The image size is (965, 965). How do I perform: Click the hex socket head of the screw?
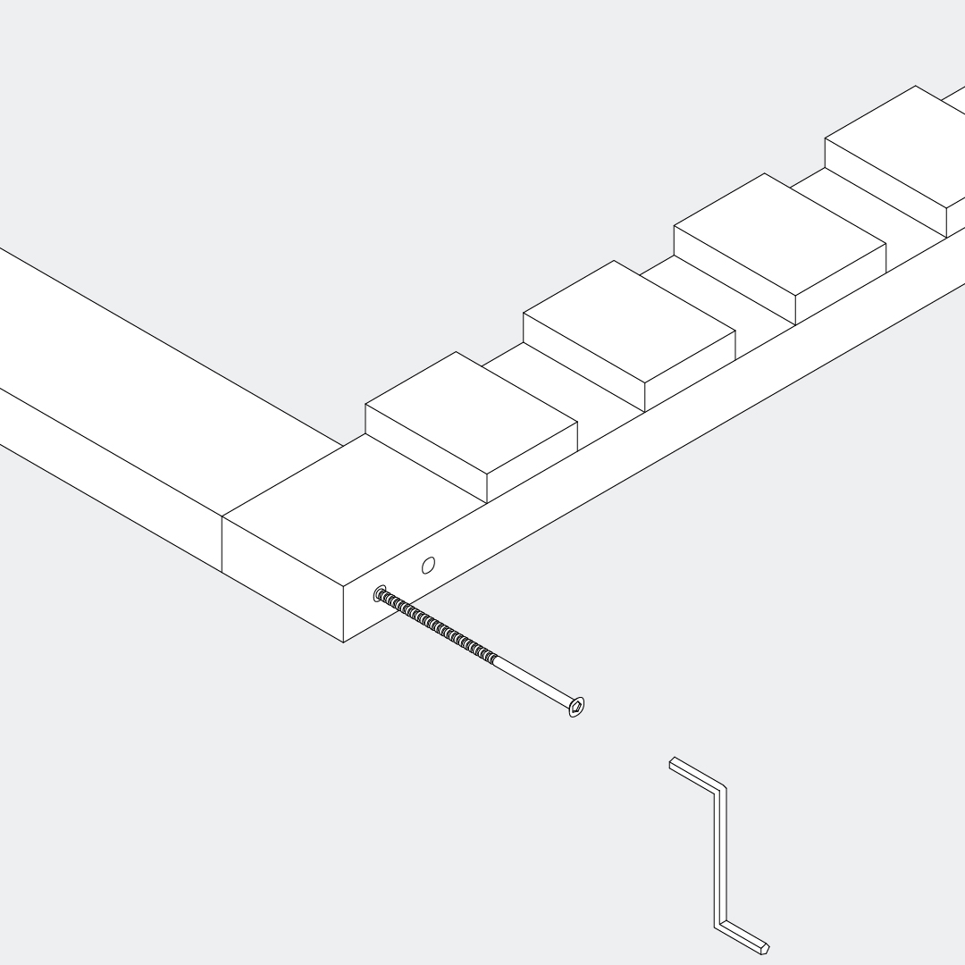point(577,708)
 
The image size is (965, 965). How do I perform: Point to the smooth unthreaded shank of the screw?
point(532,682)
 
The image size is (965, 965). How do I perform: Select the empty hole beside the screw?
point(428,565)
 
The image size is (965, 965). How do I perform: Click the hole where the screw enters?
point(381,592)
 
